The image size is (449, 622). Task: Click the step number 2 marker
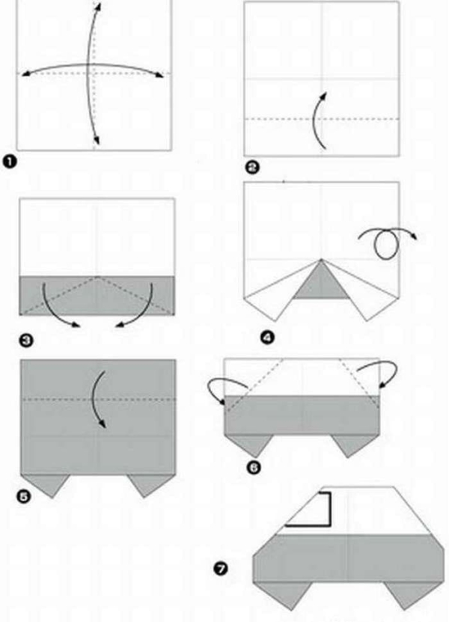pos(252,168)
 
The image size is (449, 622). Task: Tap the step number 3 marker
pos(26,341)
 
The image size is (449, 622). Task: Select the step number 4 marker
pos(267,338)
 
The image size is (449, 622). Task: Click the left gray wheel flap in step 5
pos(47,484)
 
